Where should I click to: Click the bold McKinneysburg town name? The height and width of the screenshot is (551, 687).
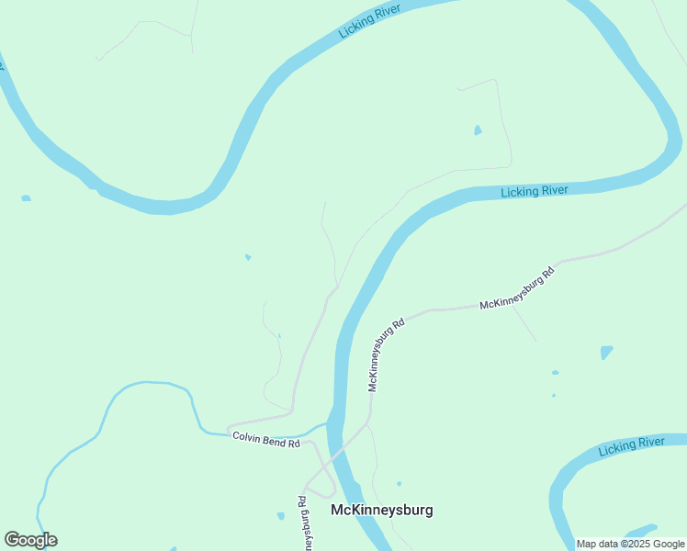[381, 510]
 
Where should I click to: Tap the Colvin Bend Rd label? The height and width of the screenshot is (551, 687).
[266, 440]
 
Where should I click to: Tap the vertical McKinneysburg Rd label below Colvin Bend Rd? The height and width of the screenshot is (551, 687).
[302, 523]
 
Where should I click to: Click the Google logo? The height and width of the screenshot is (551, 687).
[30, 540]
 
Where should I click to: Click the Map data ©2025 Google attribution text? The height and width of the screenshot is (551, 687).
[631, 544]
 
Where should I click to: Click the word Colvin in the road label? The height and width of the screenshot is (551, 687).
[246, 436]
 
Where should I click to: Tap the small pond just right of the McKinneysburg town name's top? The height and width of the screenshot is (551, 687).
[399, 483]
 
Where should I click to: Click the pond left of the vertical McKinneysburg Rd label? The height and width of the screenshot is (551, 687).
[280, 516]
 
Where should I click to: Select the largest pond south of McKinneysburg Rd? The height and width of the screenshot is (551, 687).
[606, 352]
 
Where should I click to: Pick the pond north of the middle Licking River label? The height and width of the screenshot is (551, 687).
[478, 130]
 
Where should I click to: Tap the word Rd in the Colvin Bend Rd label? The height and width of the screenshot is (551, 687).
[294, 444]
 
